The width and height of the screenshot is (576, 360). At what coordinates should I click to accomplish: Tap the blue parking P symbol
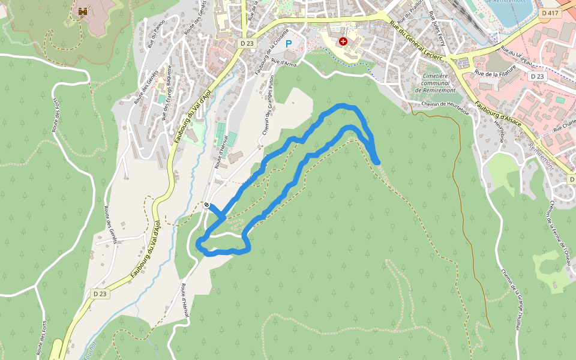[289, 44]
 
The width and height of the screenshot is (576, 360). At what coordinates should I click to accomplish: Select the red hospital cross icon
[343, 41]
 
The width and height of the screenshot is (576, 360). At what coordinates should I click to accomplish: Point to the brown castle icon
[83, 12]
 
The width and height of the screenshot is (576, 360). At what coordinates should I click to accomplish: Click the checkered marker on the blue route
[206, 205]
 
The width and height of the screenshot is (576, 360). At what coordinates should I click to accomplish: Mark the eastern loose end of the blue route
[377, 161]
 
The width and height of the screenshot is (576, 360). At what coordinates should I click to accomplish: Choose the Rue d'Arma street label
[284, 62]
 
